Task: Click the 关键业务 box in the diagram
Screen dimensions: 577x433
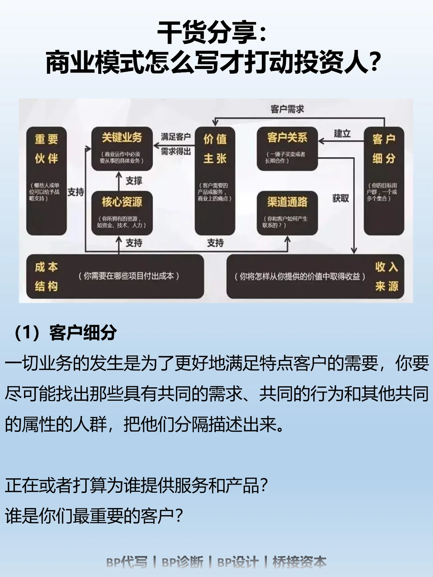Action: [x=122, y=148]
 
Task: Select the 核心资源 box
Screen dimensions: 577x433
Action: [x=122, y=213]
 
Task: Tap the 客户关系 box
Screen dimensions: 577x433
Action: [x=287, y=148]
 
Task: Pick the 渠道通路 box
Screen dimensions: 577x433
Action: [x=287, y=213]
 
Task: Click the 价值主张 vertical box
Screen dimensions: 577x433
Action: [x=215, y=180]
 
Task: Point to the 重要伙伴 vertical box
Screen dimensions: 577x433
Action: [x=46, y=180]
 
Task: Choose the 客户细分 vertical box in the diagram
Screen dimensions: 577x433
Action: [x=384, y=180]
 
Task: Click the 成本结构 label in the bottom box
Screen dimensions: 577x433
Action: [x=46, y=276]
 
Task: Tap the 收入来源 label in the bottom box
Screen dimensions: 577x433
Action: [x=386, y=276]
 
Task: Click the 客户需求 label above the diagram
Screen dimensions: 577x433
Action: [x=287, y=109]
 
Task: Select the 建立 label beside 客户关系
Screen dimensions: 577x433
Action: [x=342, y=134]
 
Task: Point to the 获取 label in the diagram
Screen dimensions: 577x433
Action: [x=340, y=198]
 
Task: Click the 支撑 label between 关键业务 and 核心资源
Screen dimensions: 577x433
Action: [x=134, y=181]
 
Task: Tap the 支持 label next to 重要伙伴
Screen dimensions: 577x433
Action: [x=76, y=192]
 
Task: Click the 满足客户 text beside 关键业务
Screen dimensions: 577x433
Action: [x=176, y=137]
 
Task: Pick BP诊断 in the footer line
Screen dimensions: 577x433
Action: [x=182, y=562]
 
